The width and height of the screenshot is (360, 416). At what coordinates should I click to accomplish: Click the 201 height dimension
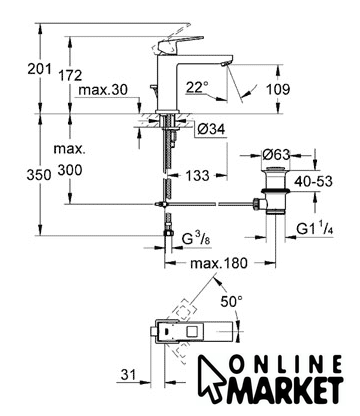pos(40,69)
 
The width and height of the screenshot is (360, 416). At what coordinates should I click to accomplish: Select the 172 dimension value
pos(70,75)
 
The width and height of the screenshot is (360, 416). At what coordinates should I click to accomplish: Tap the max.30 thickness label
pos(103,90)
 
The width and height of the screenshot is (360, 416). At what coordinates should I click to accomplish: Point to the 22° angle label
pos(197,87)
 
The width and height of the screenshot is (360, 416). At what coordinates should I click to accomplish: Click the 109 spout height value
pos(278,89)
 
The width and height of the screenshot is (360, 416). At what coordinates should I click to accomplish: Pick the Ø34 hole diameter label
pos(211,129)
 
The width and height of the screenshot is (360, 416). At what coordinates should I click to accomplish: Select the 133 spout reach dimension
pos(197,175)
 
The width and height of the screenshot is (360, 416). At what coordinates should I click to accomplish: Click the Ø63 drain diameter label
pos(276,154)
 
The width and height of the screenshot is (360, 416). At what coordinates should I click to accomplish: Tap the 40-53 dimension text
pos(313,181)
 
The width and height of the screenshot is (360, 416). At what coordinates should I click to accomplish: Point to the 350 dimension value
pos(39,175)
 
